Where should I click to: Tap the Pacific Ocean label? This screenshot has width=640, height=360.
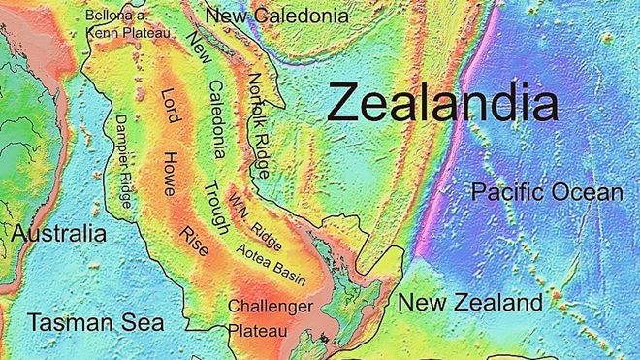pyautogui.click(x=546, y=193)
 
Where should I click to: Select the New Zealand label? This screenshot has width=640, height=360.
pyautogui.click(x=470, y=303)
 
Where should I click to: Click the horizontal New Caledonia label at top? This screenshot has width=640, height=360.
pyautogui.click(x=276, y=16)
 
